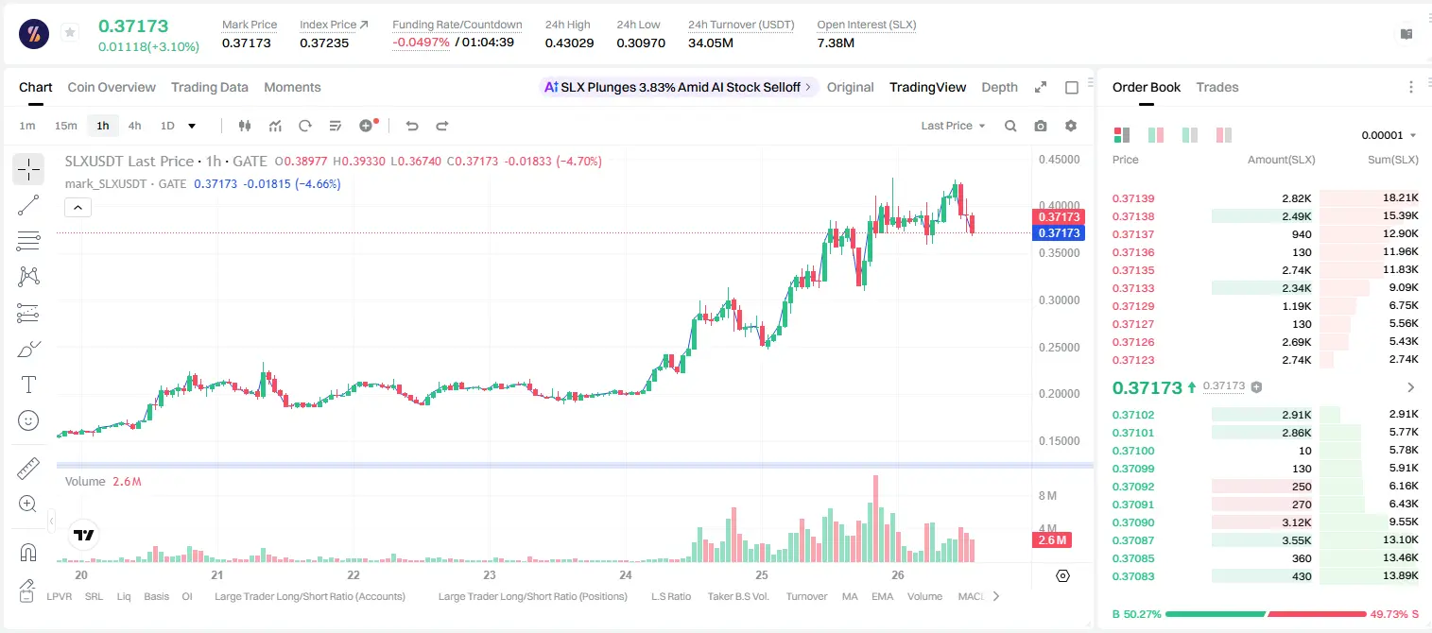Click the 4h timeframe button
pos(134,126)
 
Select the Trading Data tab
pos(210,88)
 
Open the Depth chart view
pos(999,88)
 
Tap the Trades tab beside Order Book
pos(1217,88)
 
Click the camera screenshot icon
pos(1041,126)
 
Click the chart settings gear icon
pos(1071,126)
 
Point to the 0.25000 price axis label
pos(1060,348)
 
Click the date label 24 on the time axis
pos(625,574)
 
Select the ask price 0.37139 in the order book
pos(1133,198)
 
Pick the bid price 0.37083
pos(1133,576)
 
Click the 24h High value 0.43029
pos(570,43)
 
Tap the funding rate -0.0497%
pos(421,43)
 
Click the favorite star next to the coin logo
pos(70,32)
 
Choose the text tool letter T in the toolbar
pos(28,385)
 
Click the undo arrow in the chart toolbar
pos(412,126)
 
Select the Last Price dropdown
pos(953,126)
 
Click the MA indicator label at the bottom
pos(850,596)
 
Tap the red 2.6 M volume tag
pos(1052,540)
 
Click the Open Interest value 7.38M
pos(836,43)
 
